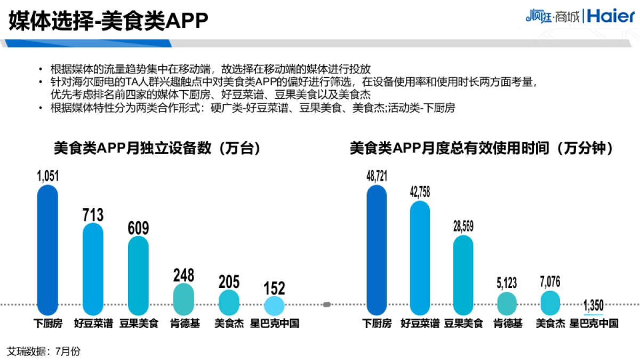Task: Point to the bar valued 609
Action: click(139, 275)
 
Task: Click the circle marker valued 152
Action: click(275, 306)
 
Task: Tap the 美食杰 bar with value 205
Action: click(229, 302)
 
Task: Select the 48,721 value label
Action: click(377, 177)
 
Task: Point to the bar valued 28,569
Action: click(463, 275)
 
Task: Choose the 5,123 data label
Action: click(506, 283)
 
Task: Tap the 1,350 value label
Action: click(593, 306)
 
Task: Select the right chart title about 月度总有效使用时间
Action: click(481, 148)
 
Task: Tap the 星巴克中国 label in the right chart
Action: click(594, 323)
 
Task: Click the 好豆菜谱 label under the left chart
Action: click(93, 323)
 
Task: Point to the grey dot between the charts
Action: click(327, 305)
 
